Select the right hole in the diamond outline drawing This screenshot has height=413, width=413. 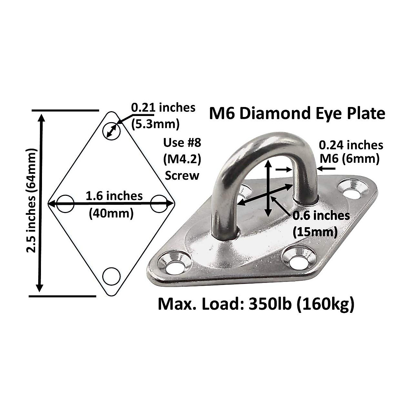(x=159, y=204)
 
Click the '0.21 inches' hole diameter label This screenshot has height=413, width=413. (x=163, y=108)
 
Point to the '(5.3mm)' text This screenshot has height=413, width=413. (x=156, y=124)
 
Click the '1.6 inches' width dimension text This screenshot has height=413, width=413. (x=114, y=196)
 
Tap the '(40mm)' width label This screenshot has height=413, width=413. (x=111, y=213)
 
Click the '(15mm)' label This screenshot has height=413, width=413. (x=315, y=232)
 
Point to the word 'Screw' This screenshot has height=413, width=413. (x=182, y=176)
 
